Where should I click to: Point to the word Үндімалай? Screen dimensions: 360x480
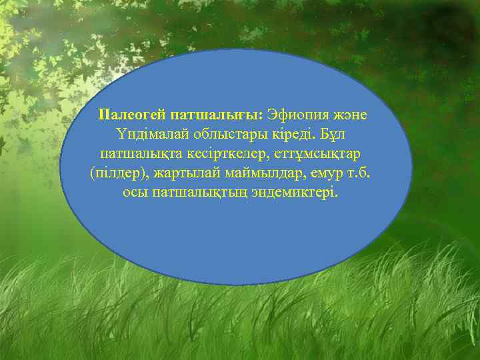tap(148, 134)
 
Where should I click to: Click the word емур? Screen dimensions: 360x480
tap(327, 174)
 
